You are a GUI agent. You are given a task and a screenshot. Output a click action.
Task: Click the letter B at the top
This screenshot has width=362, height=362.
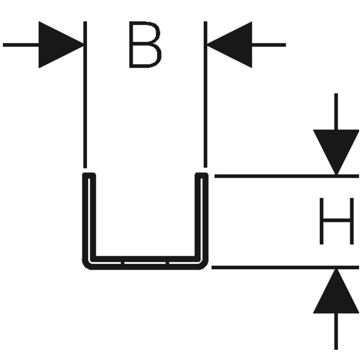[x=145, y=44]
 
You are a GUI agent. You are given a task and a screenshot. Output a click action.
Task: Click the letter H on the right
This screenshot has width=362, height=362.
[x=337, y=221]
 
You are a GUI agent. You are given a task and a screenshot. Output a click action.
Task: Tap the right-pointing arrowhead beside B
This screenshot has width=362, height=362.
[x=61, y=44]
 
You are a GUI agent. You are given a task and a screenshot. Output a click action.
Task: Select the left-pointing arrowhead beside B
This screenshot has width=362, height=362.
[x=229, y=44]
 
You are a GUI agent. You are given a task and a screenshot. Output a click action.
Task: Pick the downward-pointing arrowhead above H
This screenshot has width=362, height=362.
[x=336, y=152]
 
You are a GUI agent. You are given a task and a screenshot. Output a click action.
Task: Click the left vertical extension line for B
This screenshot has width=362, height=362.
[x=85, y=95]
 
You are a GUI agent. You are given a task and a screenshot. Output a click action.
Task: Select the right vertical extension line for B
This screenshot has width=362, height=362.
[x=206, y=94]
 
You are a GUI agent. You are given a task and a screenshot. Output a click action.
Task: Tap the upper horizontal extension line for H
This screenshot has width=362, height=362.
[x=287, y=176]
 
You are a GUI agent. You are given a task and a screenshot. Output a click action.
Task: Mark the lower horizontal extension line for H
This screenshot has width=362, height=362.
[x=285, y=267]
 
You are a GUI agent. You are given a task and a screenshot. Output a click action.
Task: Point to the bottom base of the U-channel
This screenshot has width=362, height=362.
[x=145, y=263]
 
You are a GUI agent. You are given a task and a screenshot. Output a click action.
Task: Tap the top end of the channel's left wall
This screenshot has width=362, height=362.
[x=89, y=173]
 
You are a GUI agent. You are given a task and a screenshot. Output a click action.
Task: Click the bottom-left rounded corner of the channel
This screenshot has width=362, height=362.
[x=86, y=266]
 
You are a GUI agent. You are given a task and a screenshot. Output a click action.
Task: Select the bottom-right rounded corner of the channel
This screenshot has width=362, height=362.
[x=204, y=266]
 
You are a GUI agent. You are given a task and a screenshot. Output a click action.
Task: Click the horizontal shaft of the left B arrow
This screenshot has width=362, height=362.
[x=21, y=45]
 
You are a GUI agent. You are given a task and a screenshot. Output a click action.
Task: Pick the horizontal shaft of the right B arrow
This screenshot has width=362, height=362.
[x=269, y=45]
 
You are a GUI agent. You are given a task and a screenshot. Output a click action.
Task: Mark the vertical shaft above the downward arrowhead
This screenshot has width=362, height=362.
[x=336, y=112]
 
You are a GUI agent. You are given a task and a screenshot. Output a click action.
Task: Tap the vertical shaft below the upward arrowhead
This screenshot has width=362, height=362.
[x=336, y=331]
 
